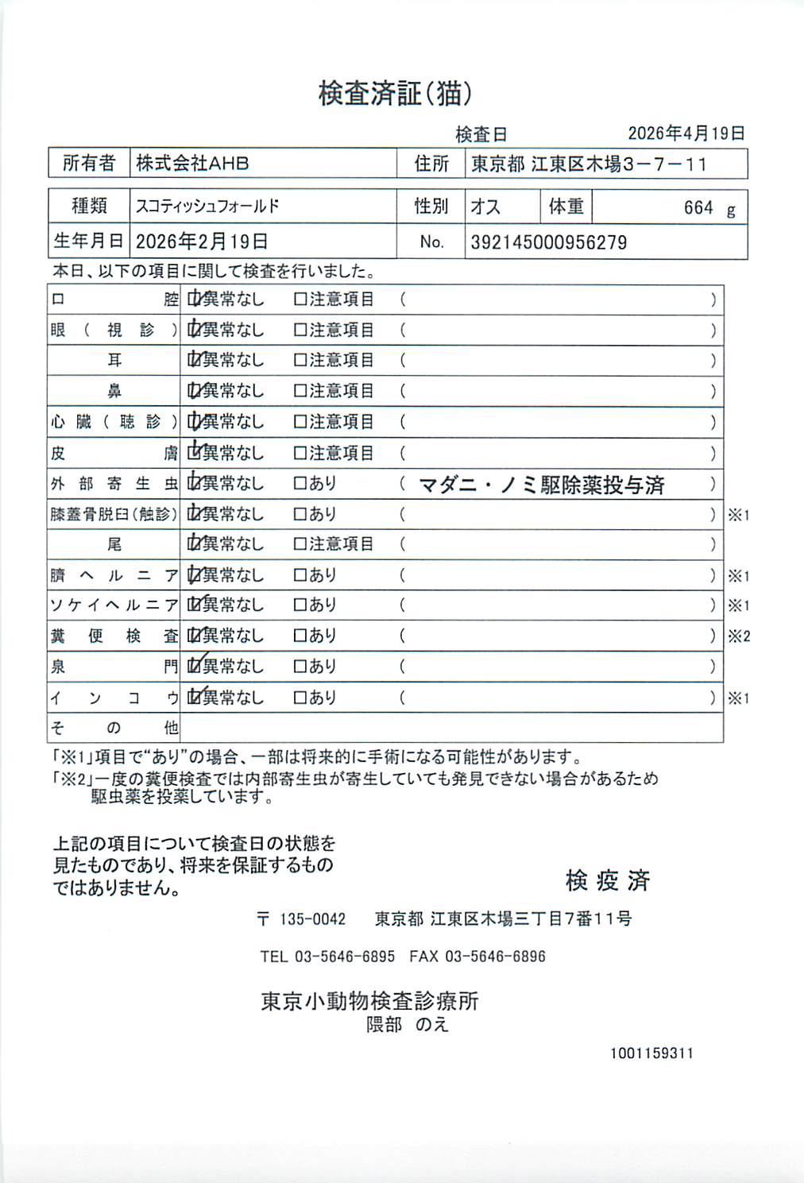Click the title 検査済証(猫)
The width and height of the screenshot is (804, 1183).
pyautogui.click(x=395, y=94)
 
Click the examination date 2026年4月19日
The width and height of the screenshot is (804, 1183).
pyautogui.click(x=686, y=133)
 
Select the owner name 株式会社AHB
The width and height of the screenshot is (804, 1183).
pyautogui.click(x=192, y=164)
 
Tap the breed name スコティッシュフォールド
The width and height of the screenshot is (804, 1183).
pyautogui.click(x=207, y=207)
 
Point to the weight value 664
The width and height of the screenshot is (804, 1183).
pyautogui.click(x=698, y=208)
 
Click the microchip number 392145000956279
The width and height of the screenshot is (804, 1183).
pyautogui.click(x=548, y=242)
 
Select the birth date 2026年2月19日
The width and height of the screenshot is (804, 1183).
pyautogui.click(x=202, y=242)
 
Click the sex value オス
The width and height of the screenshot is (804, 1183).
pyautogui.click(x=485, y=207)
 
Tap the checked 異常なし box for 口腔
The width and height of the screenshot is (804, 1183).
pyautogui.click(x=194, y=300)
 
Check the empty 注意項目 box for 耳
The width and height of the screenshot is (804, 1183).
pyautogui.click(x=300, y=361)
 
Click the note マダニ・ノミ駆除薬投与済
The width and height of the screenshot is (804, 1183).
pyautogui.click(x=541, y=485)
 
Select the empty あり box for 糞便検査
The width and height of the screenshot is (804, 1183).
pyautogui.click(x=300, y=636)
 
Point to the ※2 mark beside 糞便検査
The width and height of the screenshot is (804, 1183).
pyautogui.click(x=739, y=636)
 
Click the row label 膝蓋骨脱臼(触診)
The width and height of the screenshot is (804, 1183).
pyautogui.click(x=114, y=514)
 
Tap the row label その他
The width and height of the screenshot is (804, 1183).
pyautogui.click(x=114, y=728)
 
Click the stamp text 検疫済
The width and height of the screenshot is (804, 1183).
pyautogui.click(x=608, y=880)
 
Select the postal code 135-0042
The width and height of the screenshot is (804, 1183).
pyautogui.click(x=312, y=919)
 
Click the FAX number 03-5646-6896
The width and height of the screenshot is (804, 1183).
pyautogui.click(x=495, y=957)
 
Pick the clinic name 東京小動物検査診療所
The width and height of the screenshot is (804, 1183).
pyautogui.click(x=369, y=1001)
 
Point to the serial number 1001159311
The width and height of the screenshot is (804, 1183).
pyautogui.click(x=651, y=1053)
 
